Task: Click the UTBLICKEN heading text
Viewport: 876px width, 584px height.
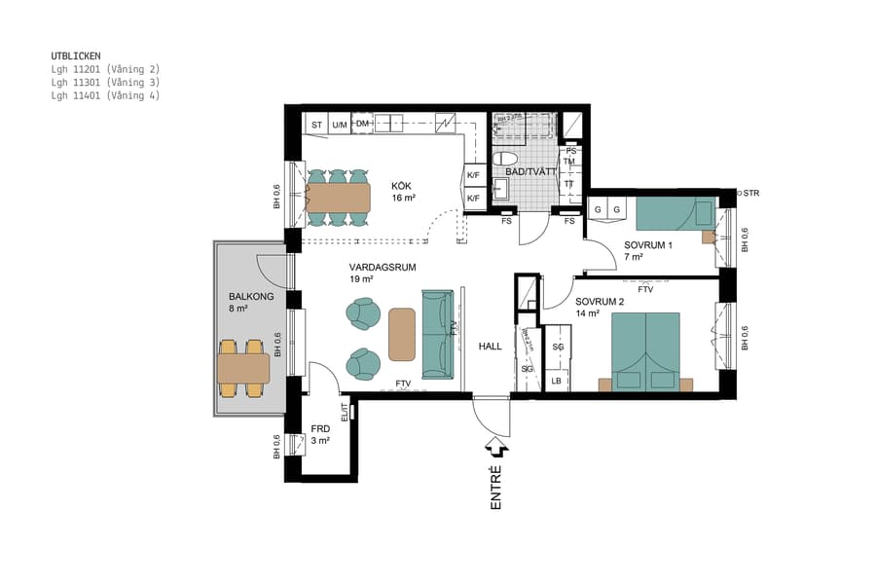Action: (x=76, y=56)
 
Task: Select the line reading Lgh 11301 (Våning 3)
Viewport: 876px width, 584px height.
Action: (x=105, y=83)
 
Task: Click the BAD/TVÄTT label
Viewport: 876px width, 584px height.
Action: (x=530, y=171)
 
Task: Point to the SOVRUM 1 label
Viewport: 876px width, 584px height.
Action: (x=648, y=245)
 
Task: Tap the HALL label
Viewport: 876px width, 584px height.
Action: (x=490, y=346)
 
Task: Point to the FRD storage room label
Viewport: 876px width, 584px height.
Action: (x=320, y=428)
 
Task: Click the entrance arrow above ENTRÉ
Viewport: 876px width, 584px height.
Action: (x=496, y=446)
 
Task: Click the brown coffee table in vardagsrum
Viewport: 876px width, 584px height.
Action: (x=401, y=333)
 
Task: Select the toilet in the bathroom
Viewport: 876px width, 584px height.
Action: (x=504, y=159)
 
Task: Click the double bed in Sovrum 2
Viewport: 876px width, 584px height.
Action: (x=645, y=350)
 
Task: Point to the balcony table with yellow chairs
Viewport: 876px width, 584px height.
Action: (x=242, y=368)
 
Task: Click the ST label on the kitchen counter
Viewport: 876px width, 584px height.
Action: (x=315, y=126)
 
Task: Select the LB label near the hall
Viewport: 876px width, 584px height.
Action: (x=557, y=381)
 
